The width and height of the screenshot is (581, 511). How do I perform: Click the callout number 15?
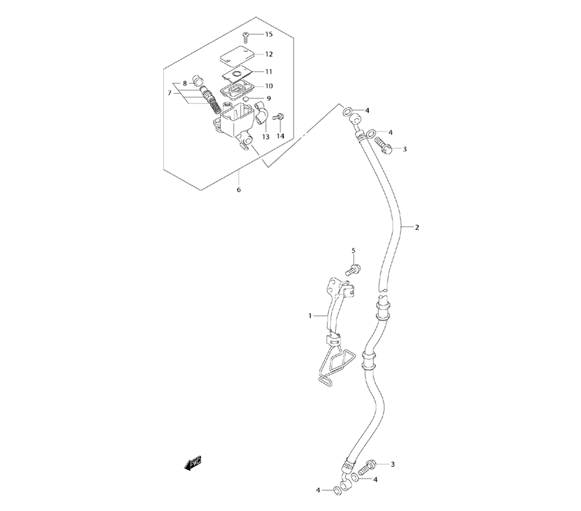tap(268, 35)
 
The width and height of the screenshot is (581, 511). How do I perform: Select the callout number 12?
tap(268, 54)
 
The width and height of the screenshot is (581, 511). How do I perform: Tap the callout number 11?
tap(268, 72)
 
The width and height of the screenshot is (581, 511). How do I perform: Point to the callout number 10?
tap(268, 86)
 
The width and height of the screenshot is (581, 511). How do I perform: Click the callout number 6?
tap(238, 190)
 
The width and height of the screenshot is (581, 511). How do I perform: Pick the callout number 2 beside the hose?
tap(417, 227)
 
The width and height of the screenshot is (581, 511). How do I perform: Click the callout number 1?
tap(311, 316)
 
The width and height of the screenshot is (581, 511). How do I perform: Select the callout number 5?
tap(353, 250)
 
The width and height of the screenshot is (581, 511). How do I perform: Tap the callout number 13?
tap(266, 137)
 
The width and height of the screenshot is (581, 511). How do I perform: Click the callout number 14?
tap(281, 136)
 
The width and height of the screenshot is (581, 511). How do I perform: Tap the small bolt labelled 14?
tap(278, 117)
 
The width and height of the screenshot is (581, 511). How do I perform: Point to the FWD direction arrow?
tap(192, 463)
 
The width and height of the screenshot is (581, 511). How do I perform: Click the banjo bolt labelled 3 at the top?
tap(381, 143)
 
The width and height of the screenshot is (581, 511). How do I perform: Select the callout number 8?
tap(185, 84)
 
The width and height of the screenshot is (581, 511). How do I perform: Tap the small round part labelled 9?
tap(246, 99)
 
